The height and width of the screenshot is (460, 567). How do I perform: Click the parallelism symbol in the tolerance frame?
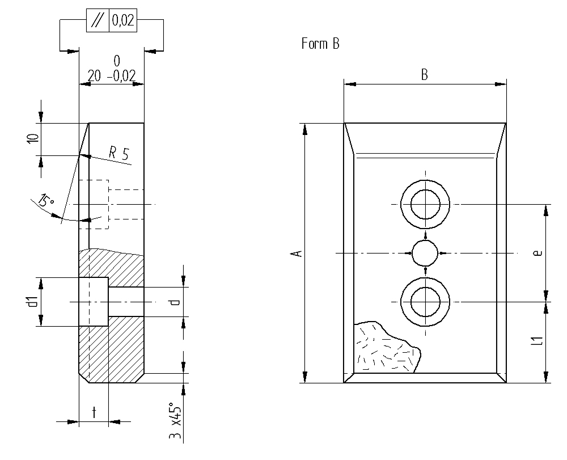[97, 22]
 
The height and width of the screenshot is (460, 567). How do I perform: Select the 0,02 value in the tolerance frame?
[122, 22]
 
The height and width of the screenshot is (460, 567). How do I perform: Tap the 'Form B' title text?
[320, 44]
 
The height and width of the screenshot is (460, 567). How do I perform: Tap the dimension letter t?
[94, 413]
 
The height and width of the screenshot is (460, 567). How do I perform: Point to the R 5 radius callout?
[119, 153]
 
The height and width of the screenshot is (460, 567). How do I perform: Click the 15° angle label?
[46, 201]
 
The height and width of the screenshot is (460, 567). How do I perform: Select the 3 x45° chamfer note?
[175, 423]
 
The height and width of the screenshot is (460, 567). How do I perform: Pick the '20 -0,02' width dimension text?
[112, 75]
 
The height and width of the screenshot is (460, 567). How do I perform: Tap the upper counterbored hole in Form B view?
[426, 204]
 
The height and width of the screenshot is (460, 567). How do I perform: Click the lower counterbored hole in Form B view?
[426, 302]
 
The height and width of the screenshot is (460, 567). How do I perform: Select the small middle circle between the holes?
[425, 253]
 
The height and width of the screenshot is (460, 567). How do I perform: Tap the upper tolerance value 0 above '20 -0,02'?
[117, 60]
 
